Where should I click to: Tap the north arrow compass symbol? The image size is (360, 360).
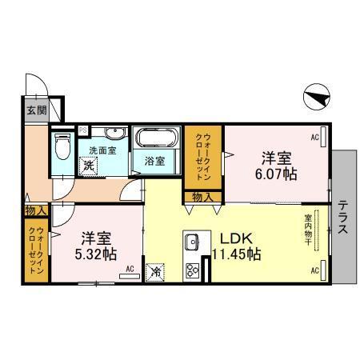coord(317,98)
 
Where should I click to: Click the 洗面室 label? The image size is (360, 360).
coord(102,150)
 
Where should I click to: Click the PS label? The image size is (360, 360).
coord(83,130)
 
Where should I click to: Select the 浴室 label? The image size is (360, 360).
coord(155,160)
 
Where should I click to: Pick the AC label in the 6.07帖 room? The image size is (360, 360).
coord(314,138)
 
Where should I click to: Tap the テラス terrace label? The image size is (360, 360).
coord(342,217)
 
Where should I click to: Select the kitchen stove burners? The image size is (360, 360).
coord(192,269)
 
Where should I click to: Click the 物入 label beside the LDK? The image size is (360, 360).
coord(202,197)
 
